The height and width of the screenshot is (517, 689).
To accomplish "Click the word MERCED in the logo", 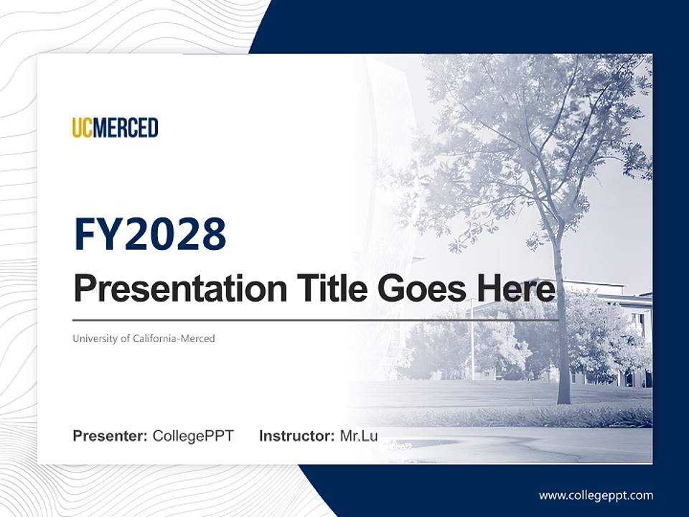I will click(126, 128).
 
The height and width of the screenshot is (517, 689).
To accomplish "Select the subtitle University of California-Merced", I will click(144, 338).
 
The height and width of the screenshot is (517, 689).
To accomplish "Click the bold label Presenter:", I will click(111, 436).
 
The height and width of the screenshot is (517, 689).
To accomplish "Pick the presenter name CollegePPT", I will click(193, 436).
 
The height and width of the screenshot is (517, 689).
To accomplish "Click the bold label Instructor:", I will click(296, 436).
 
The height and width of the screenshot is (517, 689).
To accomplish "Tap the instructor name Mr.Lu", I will click(359, 436).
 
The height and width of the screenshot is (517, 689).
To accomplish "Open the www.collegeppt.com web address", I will click(596, 495).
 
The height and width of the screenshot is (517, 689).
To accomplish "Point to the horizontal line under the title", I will click(316, 320).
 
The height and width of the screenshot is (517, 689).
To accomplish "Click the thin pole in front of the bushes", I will click(472, 345).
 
